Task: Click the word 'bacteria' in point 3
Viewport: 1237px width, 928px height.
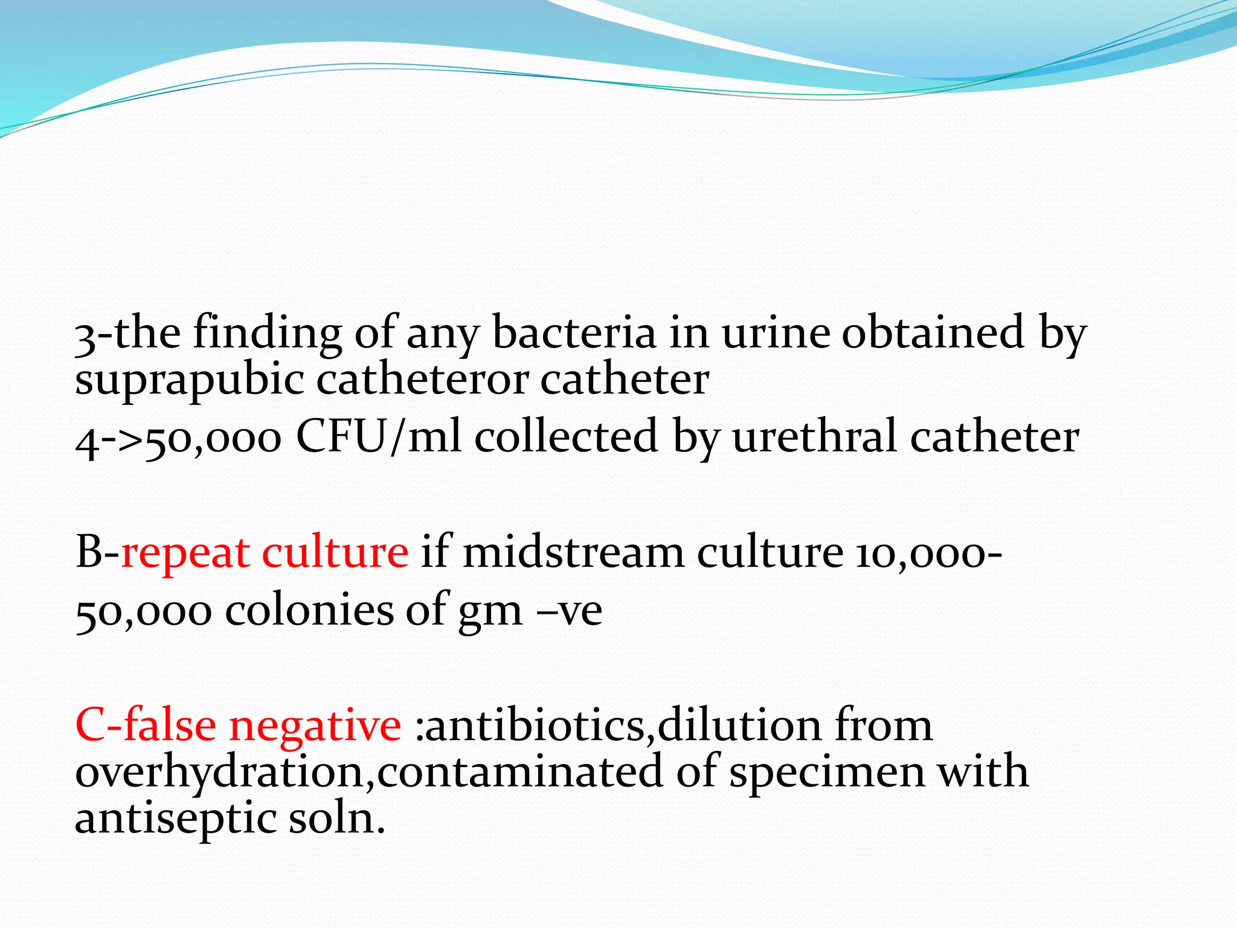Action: [574, 333]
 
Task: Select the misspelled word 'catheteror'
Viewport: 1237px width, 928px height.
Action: [422, 381]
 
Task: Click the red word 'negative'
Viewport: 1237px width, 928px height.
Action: [315, 726]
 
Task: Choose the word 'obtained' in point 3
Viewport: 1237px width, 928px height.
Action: [933, 333]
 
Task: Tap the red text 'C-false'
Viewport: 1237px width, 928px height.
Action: [146, 726]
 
